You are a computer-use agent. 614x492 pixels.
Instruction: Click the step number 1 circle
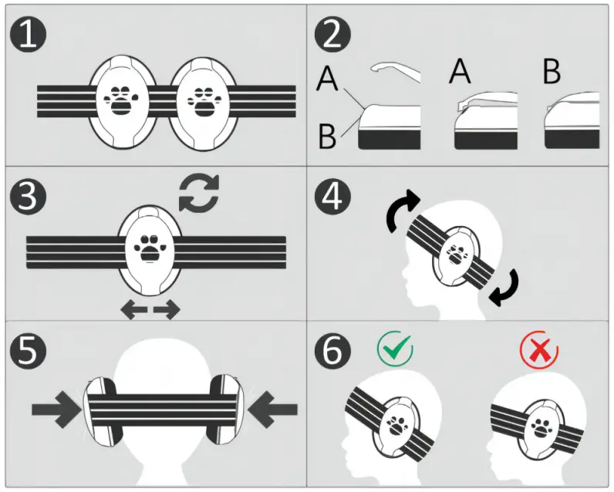click(28, 34)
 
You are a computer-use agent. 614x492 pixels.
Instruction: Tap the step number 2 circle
click(332, 34)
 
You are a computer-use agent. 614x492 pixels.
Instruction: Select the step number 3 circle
click(28, 197)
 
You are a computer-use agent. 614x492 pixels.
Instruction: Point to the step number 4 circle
click(332, 197)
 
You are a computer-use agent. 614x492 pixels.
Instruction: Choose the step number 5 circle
click(28, 349)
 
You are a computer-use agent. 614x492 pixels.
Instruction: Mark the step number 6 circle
click(332, 349)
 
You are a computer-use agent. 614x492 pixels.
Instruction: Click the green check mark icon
click(395, 348)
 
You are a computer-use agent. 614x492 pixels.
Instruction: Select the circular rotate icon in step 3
click(199, 193)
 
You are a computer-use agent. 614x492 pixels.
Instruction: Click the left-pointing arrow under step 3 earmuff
click(134, 310)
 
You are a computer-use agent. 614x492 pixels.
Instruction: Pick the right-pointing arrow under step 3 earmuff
click(167, 310)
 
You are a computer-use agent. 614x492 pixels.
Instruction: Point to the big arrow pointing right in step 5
click(57, 409)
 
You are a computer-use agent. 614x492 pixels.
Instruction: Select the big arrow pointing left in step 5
click(272, 409)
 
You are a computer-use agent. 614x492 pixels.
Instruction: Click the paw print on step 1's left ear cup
click(122, 101)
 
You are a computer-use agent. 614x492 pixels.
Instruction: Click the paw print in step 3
click(150, 248)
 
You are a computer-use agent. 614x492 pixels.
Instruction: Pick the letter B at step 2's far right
click(552, 72)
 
